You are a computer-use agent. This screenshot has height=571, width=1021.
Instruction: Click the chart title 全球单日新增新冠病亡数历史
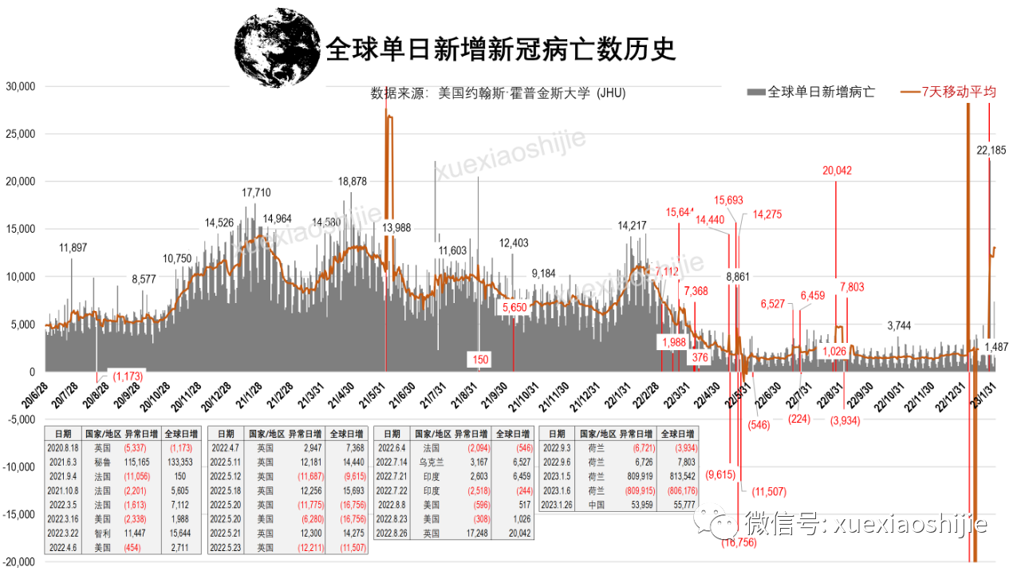500,49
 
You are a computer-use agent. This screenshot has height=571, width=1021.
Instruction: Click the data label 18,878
353,182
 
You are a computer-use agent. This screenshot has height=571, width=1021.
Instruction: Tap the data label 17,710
257,193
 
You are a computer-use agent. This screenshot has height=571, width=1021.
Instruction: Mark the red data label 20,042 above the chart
838,170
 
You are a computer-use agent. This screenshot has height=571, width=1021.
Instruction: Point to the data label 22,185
991,150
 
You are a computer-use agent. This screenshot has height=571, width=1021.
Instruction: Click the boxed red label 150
480,360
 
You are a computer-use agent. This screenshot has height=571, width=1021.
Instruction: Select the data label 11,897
73,248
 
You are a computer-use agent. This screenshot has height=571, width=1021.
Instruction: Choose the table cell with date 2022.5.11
226,461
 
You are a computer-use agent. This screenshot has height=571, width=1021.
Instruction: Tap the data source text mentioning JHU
499,93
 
